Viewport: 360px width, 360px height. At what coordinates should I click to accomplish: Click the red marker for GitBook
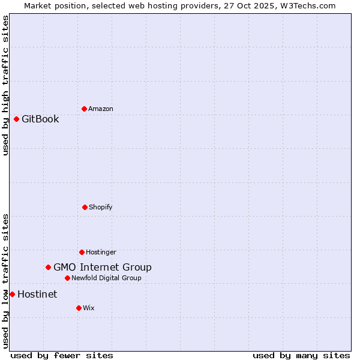[x=16, y=119]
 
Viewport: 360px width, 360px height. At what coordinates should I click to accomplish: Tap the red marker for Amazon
[x=84, y=109]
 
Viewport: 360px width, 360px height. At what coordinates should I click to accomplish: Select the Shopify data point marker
[x=85, y=207]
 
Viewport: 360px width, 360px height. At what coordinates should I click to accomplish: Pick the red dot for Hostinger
[x=82, y=252]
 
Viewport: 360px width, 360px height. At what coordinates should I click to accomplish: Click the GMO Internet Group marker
[x=48, y=267]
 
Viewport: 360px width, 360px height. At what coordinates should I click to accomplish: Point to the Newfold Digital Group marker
[x=67, y=278]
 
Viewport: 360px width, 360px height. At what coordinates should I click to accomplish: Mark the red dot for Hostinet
[x=12, y=294]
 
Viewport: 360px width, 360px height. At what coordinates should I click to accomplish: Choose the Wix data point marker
[x=79, y=308]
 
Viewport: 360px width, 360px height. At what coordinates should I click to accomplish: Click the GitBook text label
[x=40, y=119]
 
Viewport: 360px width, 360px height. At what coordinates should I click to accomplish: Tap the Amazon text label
[x=101, y=109]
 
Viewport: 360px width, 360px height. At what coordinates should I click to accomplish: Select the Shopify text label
[x=101, y=207]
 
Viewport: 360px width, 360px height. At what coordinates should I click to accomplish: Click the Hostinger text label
[x=101, y=252]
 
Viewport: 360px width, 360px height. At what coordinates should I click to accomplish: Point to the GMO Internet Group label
[x=103, y=267]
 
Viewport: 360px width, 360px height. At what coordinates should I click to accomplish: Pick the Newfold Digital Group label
[x=106, y=278]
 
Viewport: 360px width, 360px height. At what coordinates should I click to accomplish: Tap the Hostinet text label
[x=37, y=294]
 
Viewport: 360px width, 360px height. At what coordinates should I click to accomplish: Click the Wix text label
[x=89, y=308]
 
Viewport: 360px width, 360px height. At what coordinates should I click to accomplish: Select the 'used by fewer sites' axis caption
[x=62, y=355]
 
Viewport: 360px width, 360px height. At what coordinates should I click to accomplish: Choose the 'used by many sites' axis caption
[x=301, y=355]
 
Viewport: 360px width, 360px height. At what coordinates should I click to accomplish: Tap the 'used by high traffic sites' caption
[x=5, y=85]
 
